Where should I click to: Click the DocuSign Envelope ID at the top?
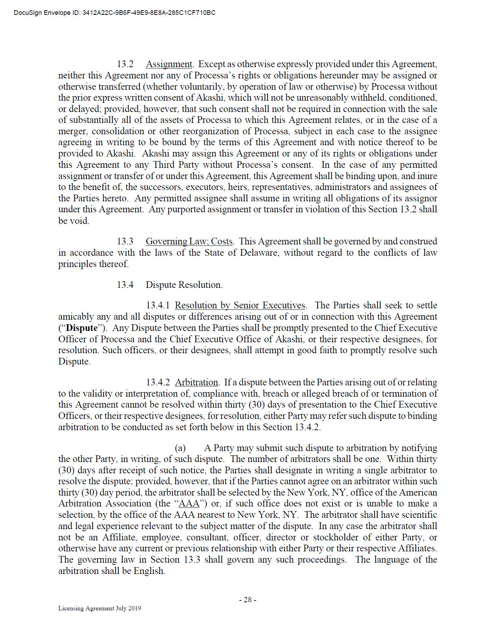[x=114, y=13]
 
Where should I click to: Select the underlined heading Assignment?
[x=169, y=64]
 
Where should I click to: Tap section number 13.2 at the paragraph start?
[x=125, y=64]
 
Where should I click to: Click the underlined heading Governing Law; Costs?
[x=189, y=242]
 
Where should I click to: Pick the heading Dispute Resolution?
[x=184, y=285]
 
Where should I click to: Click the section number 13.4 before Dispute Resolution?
[x=125, y=285]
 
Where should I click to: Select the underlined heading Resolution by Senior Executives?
[x=240, y=306]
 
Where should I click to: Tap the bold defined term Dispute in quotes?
[x=82, y=328]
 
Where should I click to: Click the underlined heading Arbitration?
[x=196, y=383]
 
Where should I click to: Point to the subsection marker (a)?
[x=180, y=448]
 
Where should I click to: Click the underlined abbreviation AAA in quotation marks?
[x=189, y=504]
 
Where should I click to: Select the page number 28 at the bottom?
[x=248, y=600]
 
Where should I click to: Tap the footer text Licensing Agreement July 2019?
[x=100, y=608]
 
